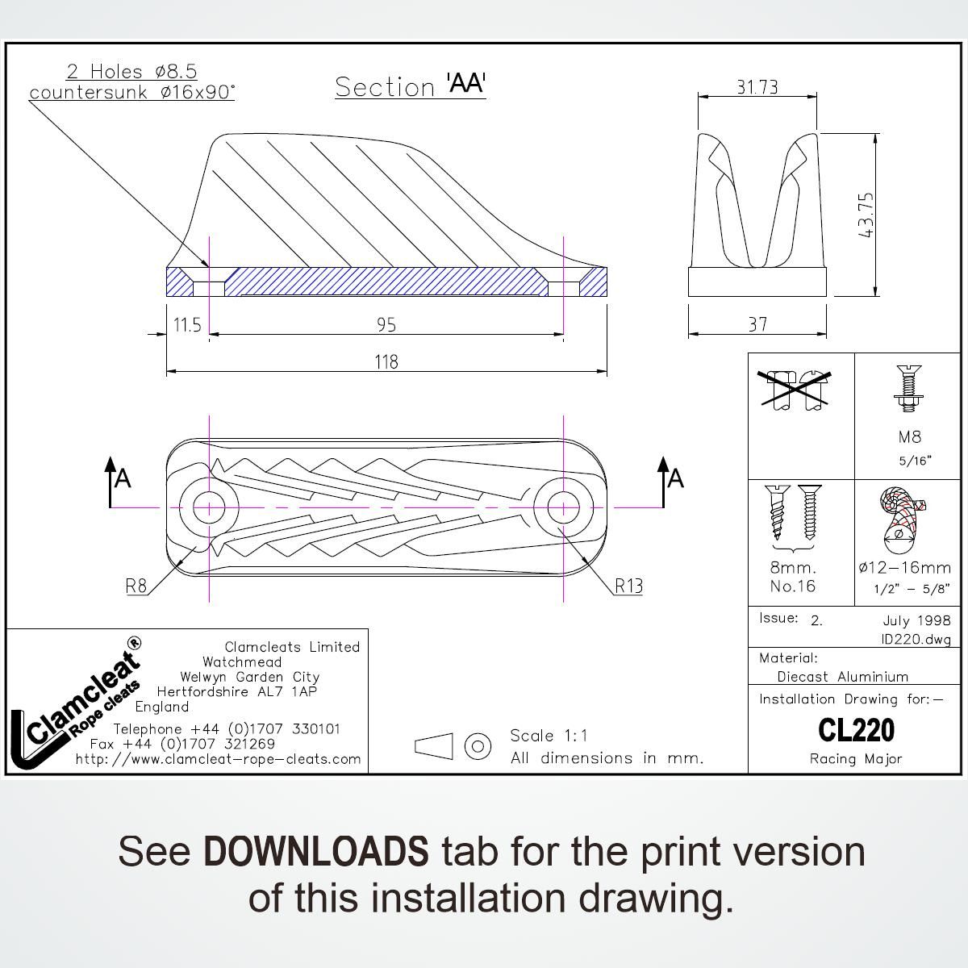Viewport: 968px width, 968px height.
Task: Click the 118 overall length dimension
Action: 386,362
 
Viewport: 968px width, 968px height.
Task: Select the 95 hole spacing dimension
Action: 386,325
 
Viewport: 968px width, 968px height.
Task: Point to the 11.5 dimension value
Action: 187,325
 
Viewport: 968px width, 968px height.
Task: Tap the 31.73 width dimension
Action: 757,87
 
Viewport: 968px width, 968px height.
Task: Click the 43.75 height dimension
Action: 866,214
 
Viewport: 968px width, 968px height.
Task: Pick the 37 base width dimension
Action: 757,324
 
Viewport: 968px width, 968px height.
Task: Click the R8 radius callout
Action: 136,586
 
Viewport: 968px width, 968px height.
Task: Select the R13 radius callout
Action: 628,586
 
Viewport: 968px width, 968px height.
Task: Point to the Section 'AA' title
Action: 411,86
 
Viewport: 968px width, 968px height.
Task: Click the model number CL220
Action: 856,730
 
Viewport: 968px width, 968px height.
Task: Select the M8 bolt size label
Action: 909,437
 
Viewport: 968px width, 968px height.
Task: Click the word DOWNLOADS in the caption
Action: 315,851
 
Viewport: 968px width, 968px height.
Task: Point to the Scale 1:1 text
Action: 549,736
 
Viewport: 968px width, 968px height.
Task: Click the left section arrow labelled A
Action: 117,480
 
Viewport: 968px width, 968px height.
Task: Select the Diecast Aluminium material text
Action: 842,677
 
